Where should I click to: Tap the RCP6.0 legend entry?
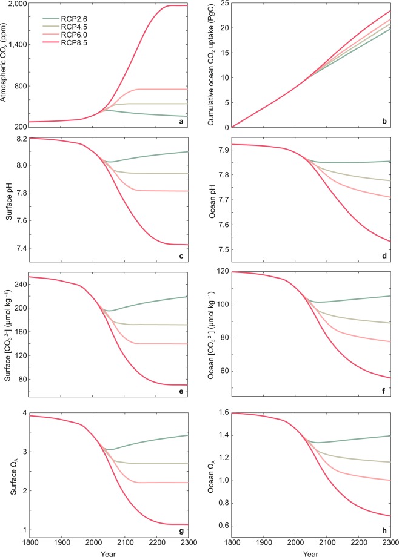click(x=70, y=38)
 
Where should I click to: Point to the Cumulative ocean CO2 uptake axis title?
click(x=211, y=64)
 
